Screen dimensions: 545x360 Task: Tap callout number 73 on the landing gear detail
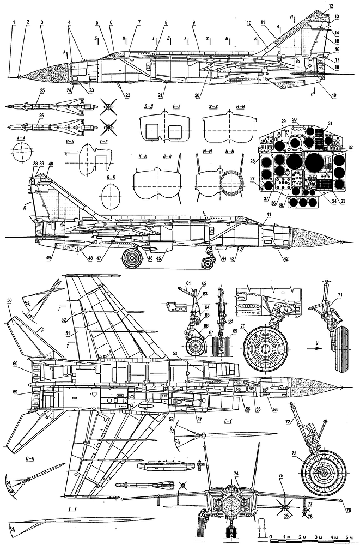(294, 453)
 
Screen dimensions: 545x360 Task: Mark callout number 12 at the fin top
(331, 6)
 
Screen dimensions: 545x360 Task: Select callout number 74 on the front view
(237, 473)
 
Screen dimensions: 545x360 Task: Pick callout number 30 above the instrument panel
(294, 119)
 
